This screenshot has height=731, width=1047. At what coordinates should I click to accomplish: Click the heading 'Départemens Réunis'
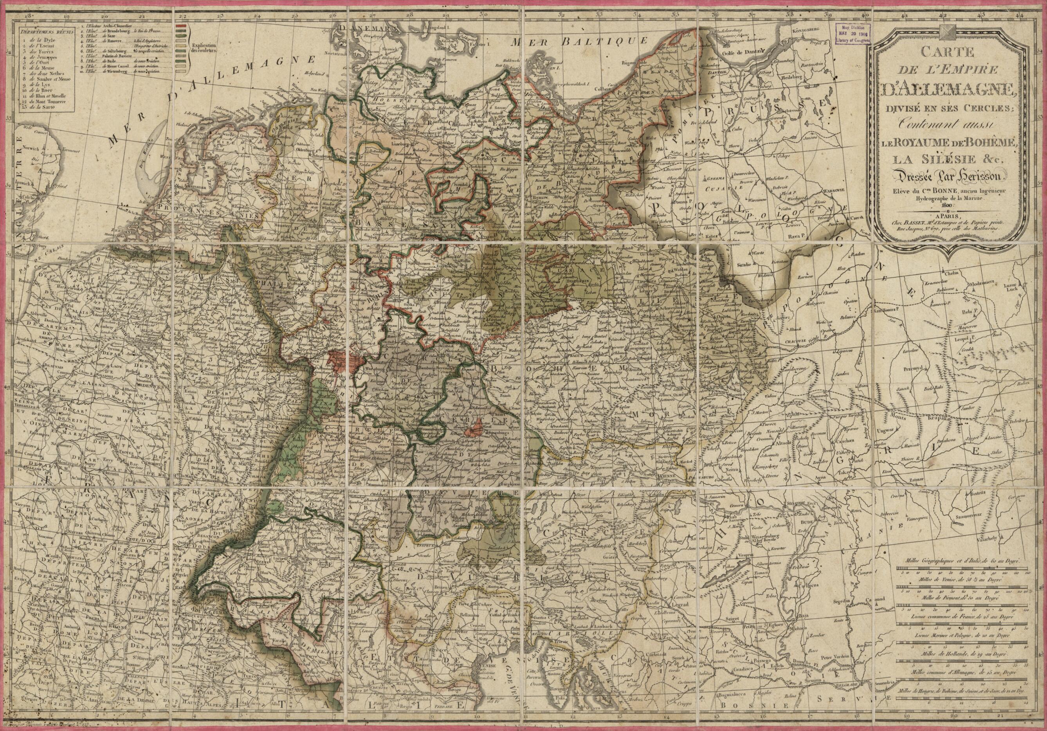(43, 32)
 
